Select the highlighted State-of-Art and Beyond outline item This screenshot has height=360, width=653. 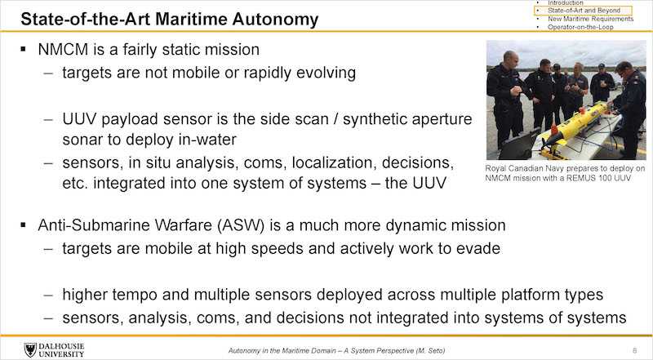click(x=584, y=11)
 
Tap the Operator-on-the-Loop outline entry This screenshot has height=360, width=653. click(x=580, y=27)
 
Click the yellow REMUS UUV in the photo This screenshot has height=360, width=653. click(x=579, y=124)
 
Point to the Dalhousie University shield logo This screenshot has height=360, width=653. click(x=30, y=349)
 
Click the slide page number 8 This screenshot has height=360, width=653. click(x=635, y=350)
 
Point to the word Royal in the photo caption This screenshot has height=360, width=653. click(x=495, y=169)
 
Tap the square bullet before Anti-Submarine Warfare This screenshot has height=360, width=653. click(x=23, y=225)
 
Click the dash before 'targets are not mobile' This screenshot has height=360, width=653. click(x=48, y=73)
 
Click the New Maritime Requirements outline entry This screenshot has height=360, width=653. click(x=590, y=19)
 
